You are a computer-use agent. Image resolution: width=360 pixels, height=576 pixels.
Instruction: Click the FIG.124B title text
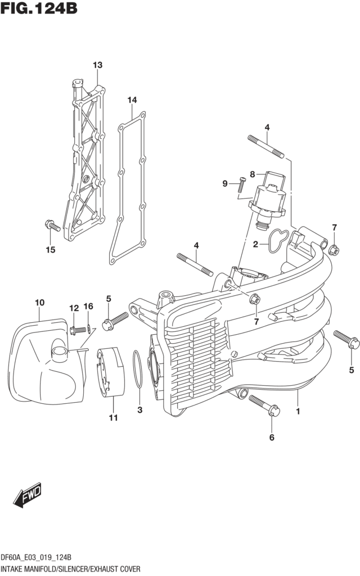[39, 8]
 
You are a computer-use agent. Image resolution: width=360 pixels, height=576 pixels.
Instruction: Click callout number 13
[97, 65]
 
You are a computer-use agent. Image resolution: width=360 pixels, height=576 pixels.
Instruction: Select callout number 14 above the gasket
[132, 100]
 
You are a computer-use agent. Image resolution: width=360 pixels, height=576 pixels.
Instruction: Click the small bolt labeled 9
[242, 184]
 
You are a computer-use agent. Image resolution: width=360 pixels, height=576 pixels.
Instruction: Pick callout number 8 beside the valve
[253, 174]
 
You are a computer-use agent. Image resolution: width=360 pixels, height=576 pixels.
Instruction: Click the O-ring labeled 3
[137, 369]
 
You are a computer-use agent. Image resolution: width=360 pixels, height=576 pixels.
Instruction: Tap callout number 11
[114, 418]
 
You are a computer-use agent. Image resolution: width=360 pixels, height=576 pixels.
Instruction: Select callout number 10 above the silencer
[40, 303]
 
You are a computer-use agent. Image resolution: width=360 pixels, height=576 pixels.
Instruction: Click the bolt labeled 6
[264, 406]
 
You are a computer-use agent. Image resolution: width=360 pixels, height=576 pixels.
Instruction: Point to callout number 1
[298, 411]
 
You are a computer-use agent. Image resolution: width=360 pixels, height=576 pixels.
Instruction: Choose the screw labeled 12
[78, 330]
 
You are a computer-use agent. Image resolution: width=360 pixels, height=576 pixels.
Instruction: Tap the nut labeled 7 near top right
[334, 250]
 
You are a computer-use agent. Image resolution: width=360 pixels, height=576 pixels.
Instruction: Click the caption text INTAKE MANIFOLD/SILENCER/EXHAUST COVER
[70, 569]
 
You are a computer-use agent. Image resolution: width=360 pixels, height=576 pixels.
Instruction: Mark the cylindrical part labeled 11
[111, 372]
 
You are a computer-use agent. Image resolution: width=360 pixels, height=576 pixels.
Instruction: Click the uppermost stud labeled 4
[266, 147]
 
